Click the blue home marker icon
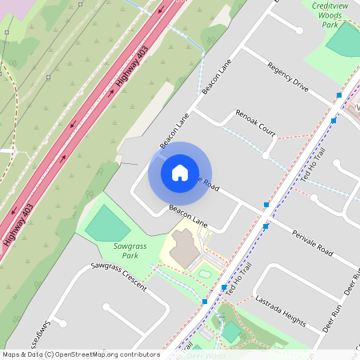click(x=180, y=172)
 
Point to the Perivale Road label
click(x=313, y=240)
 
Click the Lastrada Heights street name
click(x=280, y=312)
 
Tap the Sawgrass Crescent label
click(x=119, y=276)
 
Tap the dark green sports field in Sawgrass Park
click(x=107, y=223)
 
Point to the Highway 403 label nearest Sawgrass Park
click(x=18, y=224)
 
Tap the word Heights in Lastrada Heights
click(x=291, y=318)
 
